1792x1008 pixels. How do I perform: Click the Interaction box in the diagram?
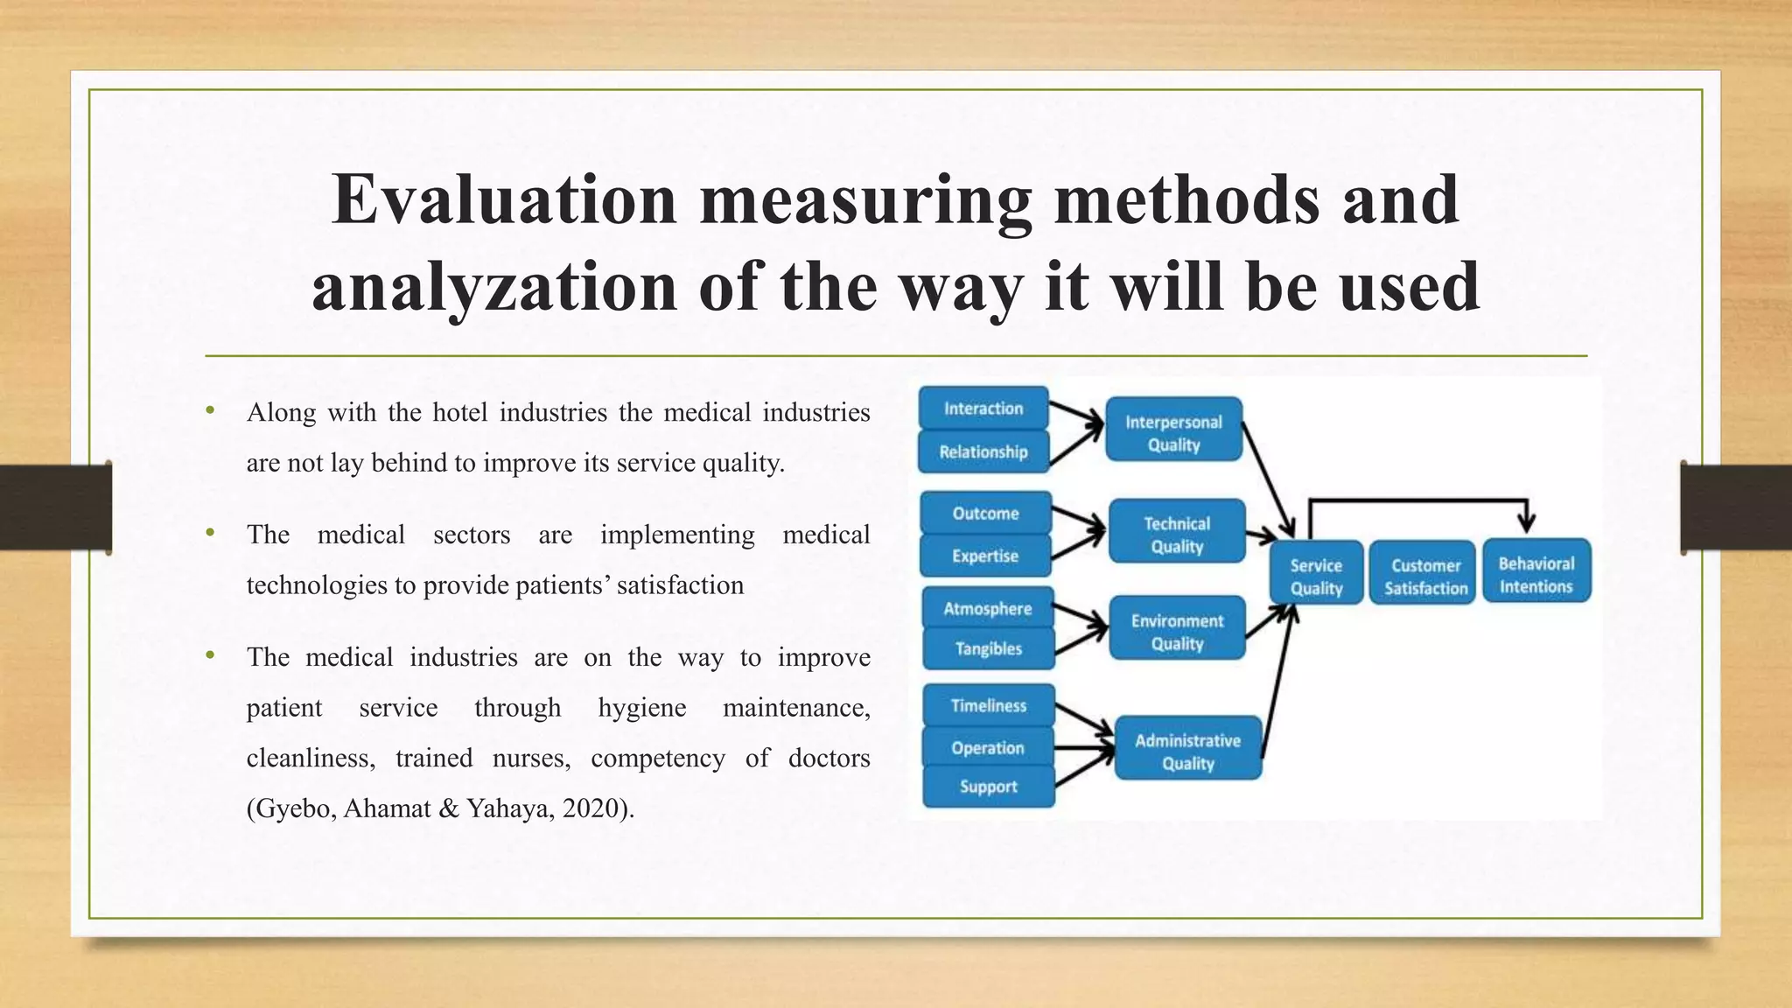983,409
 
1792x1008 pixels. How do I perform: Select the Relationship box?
983,451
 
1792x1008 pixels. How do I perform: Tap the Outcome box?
985,514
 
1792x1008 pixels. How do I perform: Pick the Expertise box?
985,556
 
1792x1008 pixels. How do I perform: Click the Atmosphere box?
987,609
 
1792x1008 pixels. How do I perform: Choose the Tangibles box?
988,648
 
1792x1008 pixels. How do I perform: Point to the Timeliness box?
989,705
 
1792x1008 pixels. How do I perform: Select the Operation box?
988,748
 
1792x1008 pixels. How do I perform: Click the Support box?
988,787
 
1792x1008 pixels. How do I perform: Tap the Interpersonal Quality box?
1173,433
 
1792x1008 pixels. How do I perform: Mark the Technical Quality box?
1177,535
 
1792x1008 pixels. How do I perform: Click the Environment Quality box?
1177,632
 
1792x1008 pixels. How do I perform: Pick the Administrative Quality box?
1187,752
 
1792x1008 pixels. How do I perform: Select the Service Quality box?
1316,577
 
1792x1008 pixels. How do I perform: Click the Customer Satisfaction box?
1425,577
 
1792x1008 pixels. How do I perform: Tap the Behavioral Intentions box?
1536,575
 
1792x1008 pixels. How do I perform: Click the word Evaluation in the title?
504,199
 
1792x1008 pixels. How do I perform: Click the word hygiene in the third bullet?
642,708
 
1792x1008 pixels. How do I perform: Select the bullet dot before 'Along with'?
210,409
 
